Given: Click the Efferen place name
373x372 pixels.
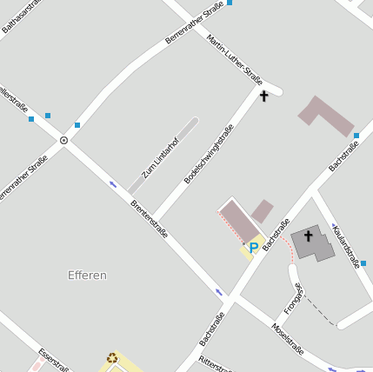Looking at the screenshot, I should (87, 276).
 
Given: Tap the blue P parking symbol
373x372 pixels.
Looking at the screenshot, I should (253, 248).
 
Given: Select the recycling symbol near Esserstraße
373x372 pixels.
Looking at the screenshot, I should (112, 356).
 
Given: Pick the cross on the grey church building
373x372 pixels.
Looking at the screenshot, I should (309, 236).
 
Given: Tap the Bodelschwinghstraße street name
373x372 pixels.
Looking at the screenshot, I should (209, 153).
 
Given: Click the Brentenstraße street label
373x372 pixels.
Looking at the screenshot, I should (149, 220).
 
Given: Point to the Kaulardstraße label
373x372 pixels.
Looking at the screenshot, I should (346, 245).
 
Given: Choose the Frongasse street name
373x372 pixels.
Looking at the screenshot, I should (293, 298).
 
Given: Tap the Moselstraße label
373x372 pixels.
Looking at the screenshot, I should (287, 340).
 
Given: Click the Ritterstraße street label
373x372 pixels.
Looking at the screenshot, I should (216, 363).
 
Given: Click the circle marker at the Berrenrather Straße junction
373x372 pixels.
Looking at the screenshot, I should (63, 139).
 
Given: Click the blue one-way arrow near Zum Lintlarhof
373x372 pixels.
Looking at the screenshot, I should (113, 183).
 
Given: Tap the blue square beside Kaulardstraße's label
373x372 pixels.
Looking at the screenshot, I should (363, 262).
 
